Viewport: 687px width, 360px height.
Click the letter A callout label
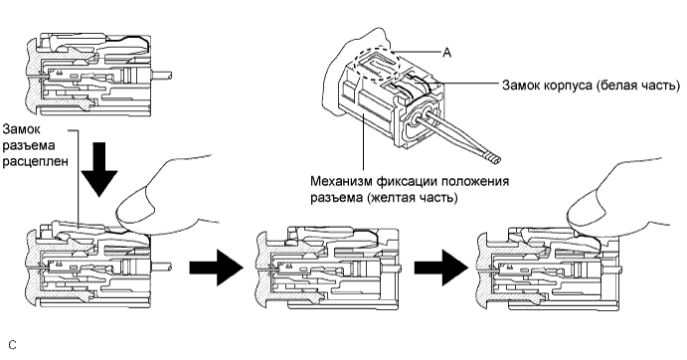(446, 53)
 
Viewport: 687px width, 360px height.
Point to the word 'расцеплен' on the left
(36, 162)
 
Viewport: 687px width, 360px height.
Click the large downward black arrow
(99, 170)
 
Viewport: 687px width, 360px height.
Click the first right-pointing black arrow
(216, 268)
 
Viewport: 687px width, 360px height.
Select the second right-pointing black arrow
(441, 268)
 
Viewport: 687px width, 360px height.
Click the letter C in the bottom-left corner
(12, 345)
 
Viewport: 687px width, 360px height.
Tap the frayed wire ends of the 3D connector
(492, 158)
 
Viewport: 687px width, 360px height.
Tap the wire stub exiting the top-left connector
(161, 75)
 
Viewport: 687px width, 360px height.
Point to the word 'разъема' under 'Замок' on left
(29, 146)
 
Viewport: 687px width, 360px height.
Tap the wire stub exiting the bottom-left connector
(161, 267)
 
